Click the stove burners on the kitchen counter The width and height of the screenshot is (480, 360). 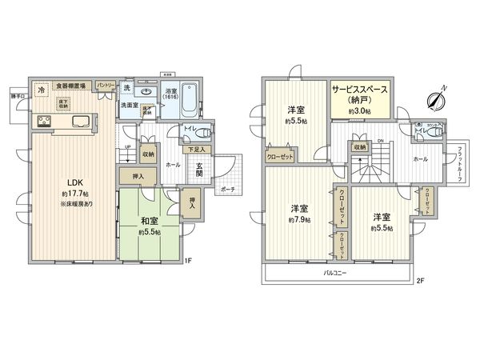[43, 122]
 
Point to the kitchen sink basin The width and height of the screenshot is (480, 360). [80, 122]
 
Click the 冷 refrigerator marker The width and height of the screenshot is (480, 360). [42, 91]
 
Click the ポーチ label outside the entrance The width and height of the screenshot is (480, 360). [227, 190]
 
